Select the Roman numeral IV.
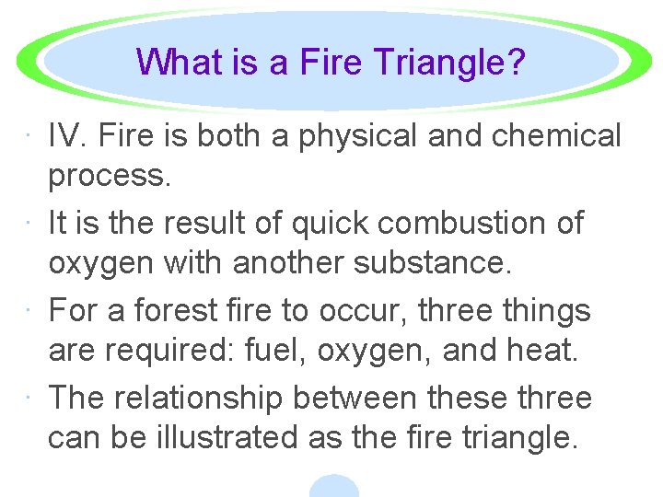click(65, 136)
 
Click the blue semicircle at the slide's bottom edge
click(333, 487)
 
